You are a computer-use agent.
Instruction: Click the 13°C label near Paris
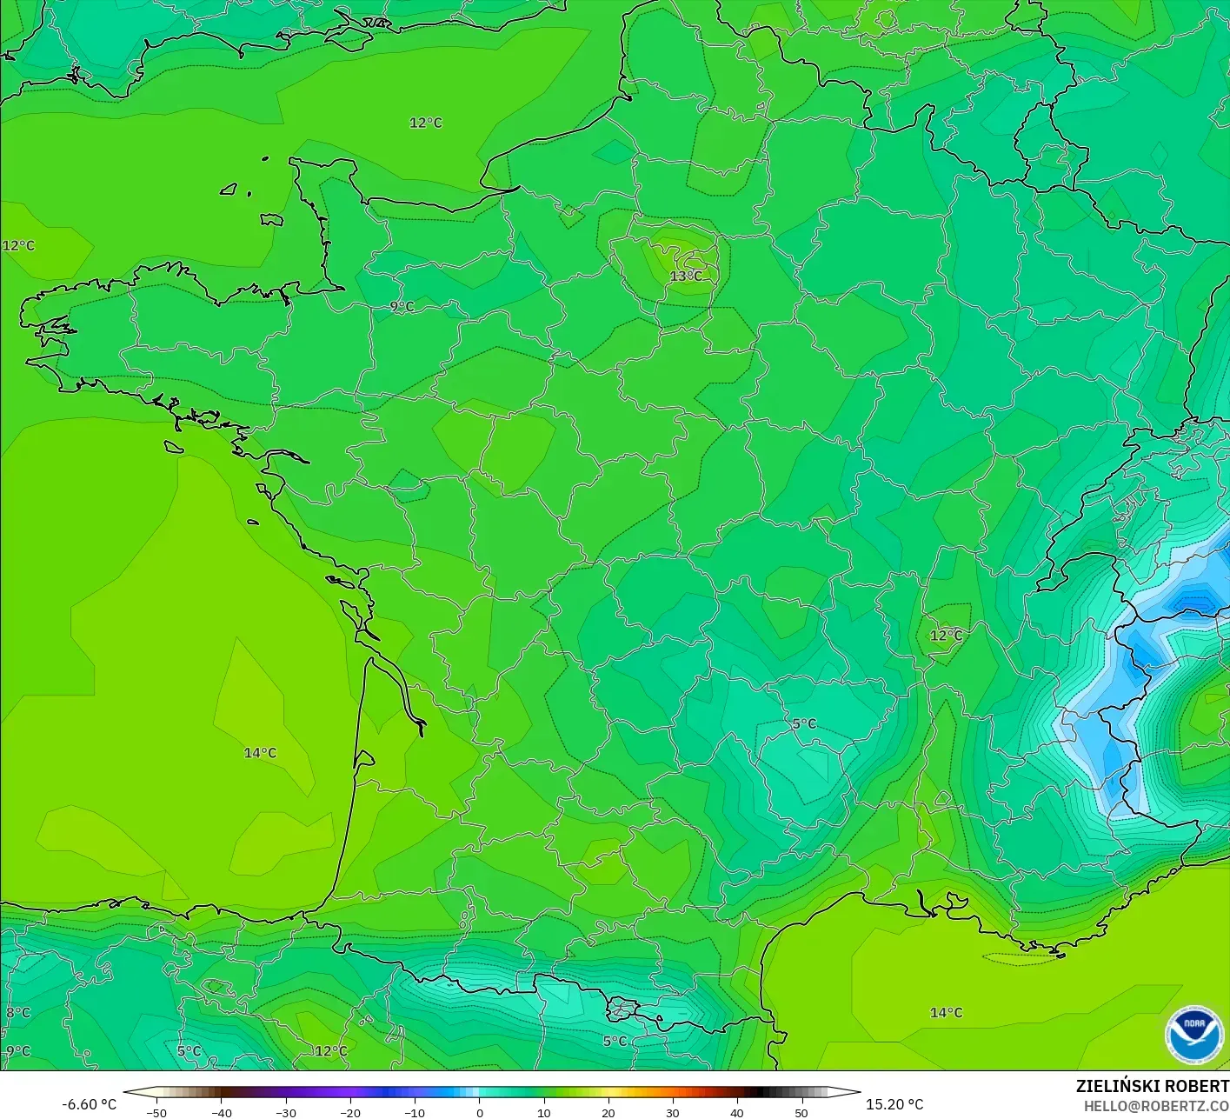(686, 276)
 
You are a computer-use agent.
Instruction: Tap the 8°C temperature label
(18, 1013)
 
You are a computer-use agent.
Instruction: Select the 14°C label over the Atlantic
(260, 753)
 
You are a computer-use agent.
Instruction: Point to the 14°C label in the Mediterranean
(946, 1013)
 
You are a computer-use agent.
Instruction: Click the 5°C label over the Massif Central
(804, 724)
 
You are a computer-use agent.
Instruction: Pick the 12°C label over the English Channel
(426, 123)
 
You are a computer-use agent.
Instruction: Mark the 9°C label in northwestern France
(402, 307)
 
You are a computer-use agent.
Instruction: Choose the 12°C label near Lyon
(946, 636)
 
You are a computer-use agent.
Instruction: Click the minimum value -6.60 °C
(89, 1104)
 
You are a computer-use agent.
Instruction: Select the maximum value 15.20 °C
(894, 1104)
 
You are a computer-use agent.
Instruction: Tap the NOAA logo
(1195, 1036)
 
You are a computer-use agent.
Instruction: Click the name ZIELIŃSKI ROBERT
(1152, 1086)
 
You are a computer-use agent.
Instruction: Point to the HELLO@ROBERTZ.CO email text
(1156, 1105)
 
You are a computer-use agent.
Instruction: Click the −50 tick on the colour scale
(156, 1113)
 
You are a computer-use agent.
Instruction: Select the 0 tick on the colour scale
(479, 1113)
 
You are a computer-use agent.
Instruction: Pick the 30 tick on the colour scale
(672, 1113)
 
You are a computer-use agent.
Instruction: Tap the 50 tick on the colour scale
(801, 1113)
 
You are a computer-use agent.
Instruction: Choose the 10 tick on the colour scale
(543, 1113)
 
